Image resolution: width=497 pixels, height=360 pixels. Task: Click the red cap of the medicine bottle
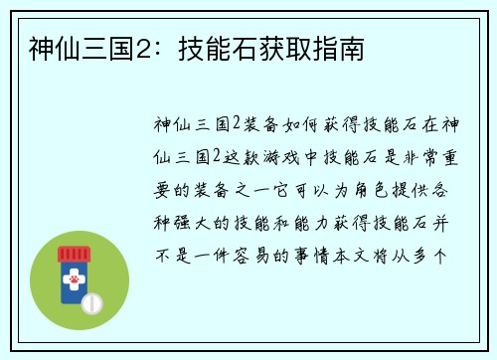pos(73,252)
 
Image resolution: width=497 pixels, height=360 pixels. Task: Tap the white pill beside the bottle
pos(92,302)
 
